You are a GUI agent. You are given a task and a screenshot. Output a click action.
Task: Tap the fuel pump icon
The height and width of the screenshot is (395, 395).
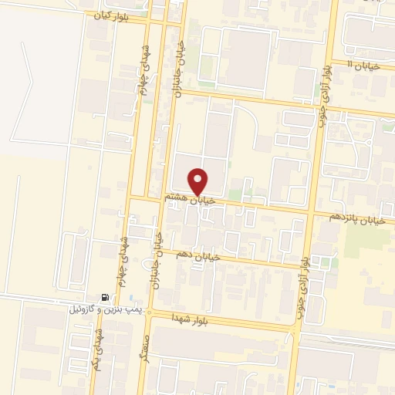104,297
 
